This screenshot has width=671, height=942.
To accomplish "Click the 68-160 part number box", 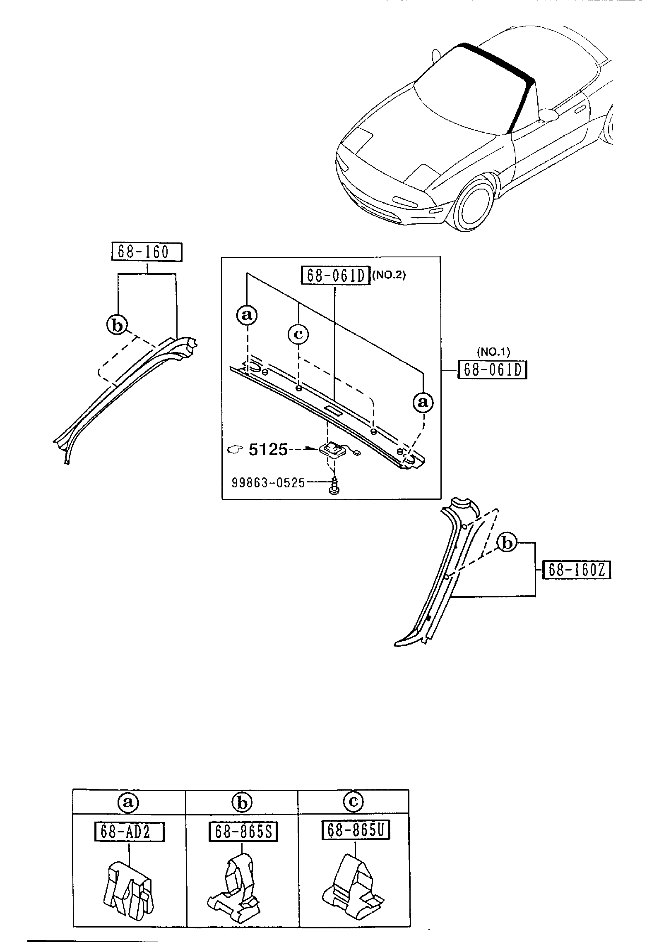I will click(x=147, y=252).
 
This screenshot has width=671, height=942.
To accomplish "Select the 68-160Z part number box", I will click(x=576, y=571).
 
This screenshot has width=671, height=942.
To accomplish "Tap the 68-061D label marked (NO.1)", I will click(x=492, y=370).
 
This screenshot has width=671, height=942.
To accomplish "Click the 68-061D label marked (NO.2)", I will click(x=335, y=276).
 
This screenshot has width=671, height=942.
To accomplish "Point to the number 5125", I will click(x=268, y=449).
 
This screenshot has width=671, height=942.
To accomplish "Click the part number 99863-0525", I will click(x=268, y=482).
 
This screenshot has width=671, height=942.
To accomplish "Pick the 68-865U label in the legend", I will click(x=356, y=830).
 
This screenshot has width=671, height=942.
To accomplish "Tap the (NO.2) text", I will click(x=389, y=275).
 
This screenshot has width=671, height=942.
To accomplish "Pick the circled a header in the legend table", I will click(x=128, y=803).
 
